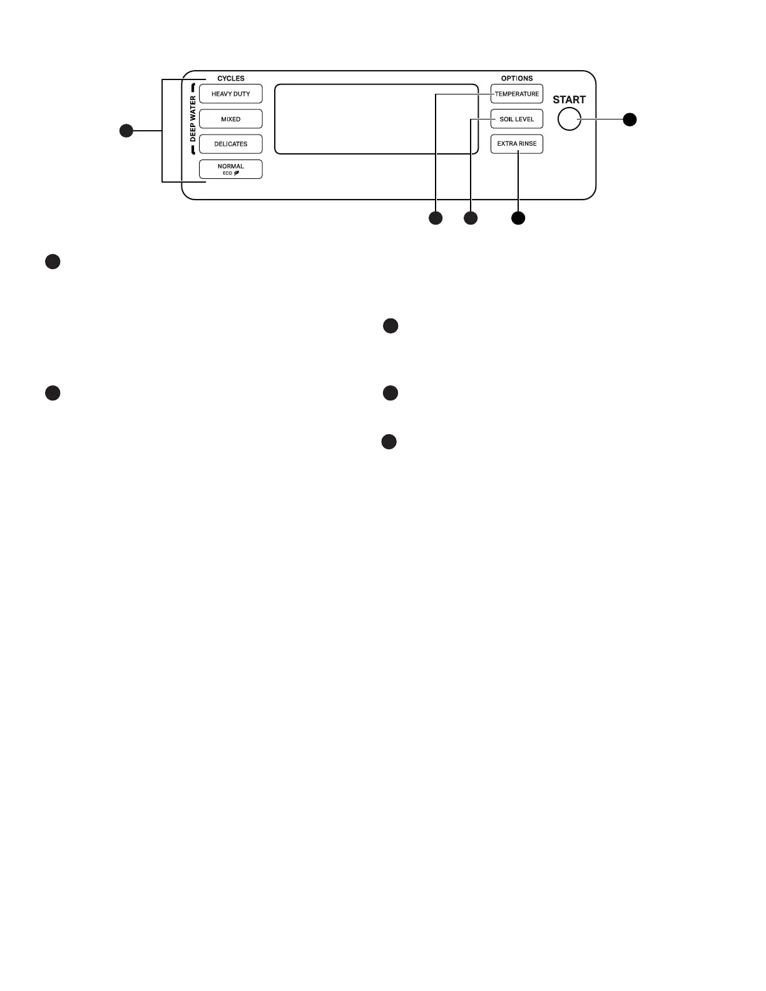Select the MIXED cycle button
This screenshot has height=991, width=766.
tap(230, 119)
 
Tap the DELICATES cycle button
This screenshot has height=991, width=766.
tap(230, 144)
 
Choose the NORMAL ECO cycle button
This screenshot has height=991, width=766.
tap(230, 169)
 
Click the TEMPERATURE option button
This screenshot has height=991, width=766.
tap(516, 94)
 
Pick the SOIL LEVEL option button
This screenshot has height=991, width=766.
tap(516, 119)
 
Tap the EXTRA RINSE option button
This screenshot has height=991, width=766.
tap(516, 144)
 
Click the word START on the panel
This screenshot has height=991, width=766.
tap(569, 99)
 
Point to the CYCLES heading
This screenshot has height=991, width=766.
tap(231, 78)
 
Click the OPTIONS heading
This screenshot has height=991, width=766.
tap(517, 78)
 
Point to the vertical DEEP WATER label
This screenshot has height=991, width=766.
tap(193, 119)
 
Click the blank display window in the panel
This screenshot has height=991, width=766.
tap(376, 119)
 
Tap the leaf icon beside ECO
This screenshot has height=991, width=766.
tap(237, 173)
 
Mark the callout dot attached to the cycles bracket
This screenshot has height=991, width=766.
tap(126, 131)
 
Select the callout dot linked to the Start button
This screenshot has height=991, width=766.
tap(630, 119)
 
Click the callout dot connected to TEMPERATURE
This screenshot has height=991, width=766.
tap(435, 218)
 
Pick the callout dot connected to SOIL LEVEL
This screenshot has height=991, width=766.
tap(470, 218)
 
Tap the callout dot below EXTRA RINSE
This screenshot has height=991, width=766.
tap(518, 218)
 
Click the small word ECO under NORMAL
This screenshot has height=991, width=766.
tap(227, 173)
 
